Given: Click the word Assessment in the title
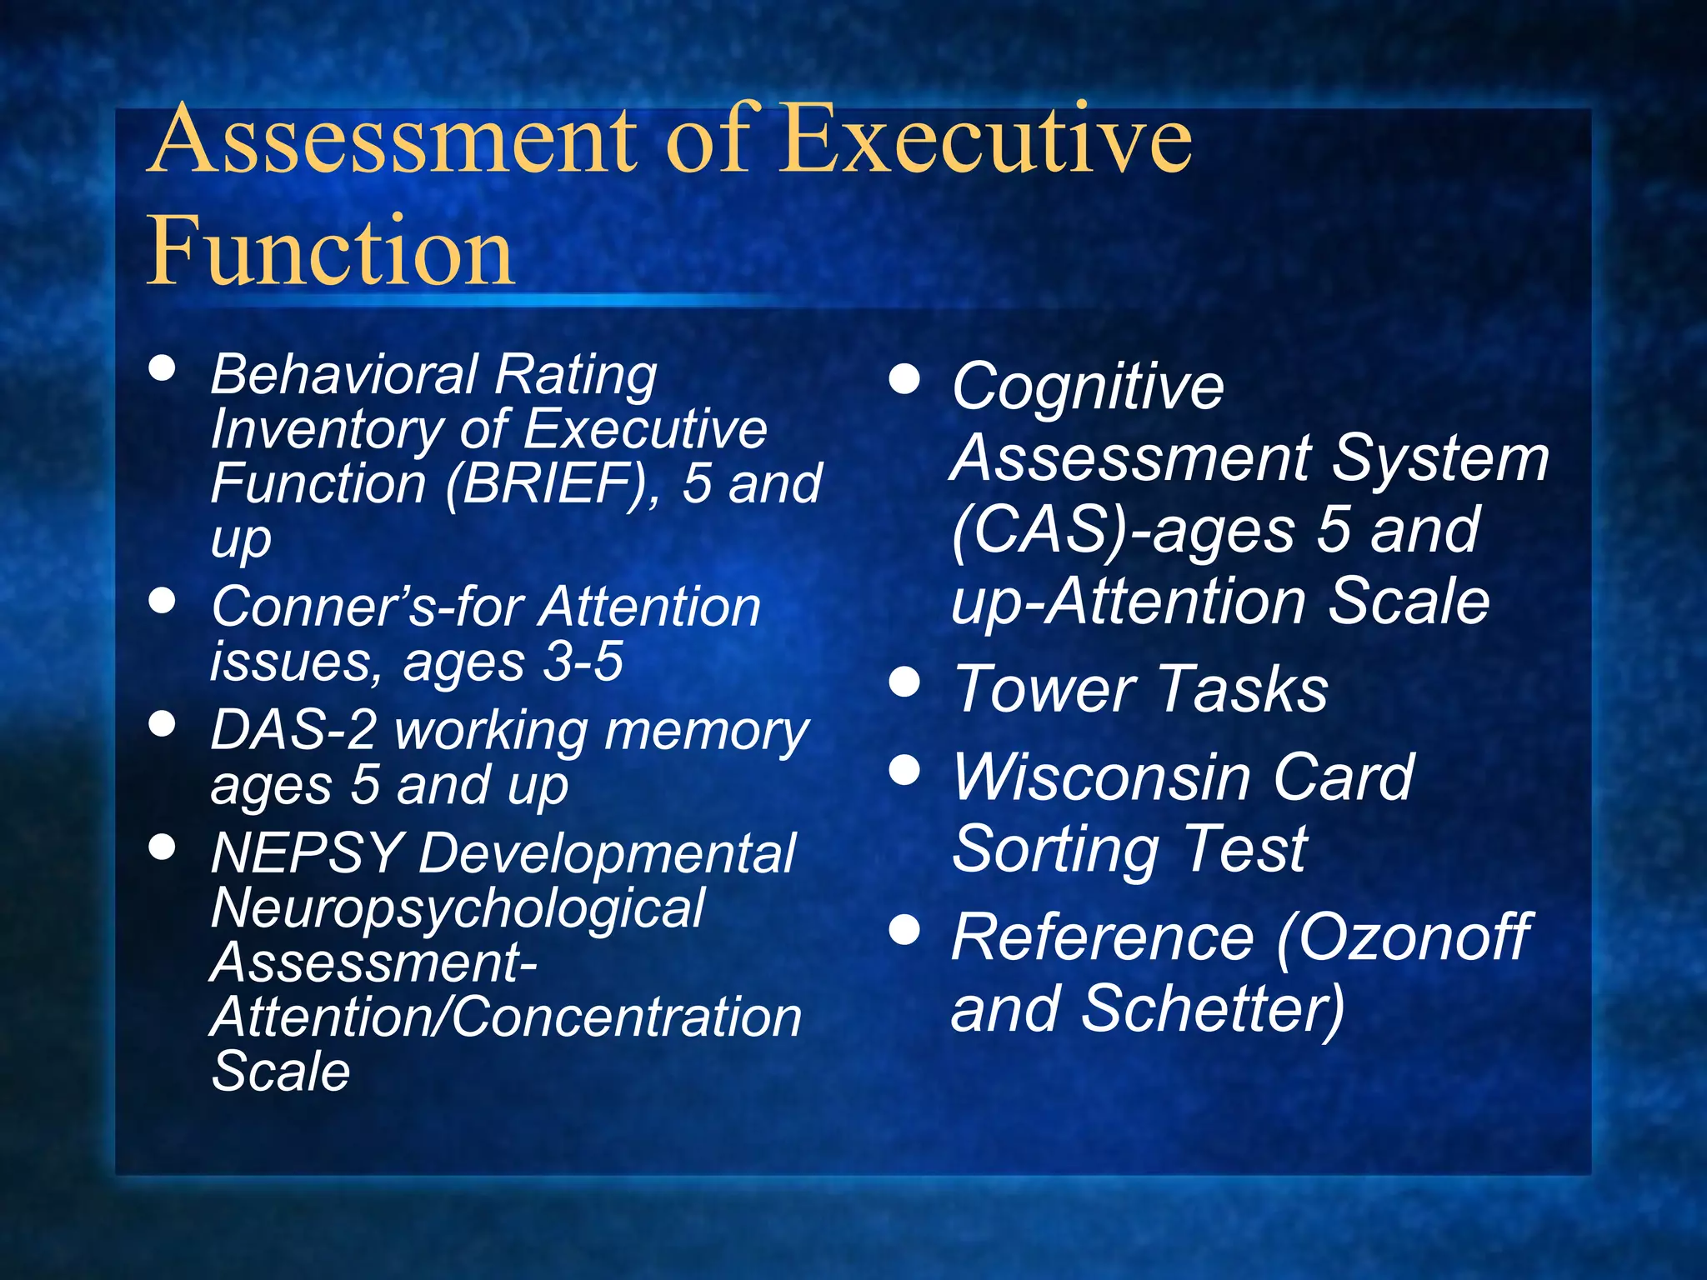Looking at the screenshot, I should point(393,138).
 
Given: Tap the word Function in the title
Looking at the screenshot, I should point(331,251).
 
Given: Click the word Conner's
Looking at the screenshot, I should point(323,607).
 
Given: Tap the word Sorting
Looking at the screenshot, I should point(1054,849).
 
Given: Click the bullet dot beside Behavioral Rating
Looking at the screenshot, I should point(162,368).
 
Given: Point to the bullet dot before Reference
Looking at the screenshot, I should point(904,930).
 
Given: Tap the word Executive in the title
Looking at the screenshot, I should point(988,138).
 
